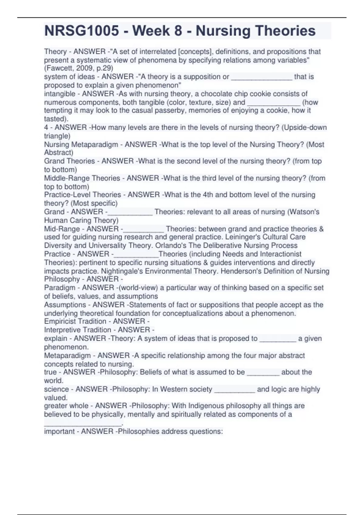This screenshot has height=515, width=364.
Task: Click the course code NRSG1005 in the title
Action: click(x=82, y=31)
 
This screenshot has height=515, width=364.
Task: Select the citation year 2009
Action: click(x=85, y=68)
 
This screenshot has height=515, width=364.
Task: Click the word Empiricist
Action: click(x=59, y=321)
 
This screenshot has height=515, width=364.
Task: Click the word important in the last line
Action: click(x=59, y=431)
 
